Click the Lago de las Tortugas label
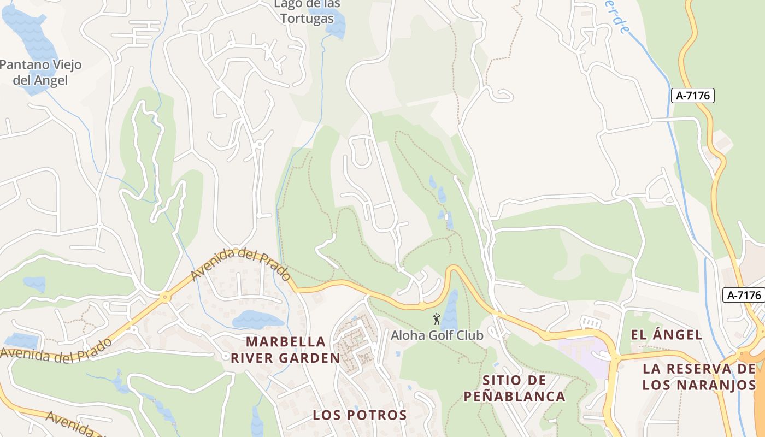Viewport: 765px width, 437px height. click(x=307, y=11)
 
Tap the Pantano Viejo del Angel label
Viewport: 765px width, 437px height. click(x=40, y=72)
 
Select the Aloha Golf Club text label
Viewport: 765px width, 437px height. click(x=437, y=335)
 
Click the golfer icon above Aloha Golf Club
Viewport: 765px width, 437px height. click(x=436, y=319)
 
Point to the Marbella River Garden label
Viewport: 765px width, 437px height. click(x=285, y=350)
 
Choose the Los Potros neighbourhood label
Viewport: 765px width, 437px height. click(x=360, y=415)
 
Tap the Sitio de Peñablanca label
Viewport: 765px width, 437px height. click(x=514, y=388)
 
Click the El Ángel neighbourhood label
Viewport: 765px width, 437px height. click(x=666, y=335)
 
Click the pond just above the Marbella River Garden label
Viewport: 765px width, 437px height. click(x=258, y=320)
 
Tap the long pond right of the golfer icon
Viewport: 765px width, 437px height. click(x=450, y=311)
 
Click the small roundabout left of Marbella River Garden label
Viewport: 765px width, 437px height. click(x=225, y=356)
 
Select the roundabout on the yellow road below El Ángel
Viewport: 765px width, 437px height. click(x=615, y=357)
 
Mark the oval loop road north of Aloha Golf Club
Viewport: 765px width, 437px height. click(x=361, y=152)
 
